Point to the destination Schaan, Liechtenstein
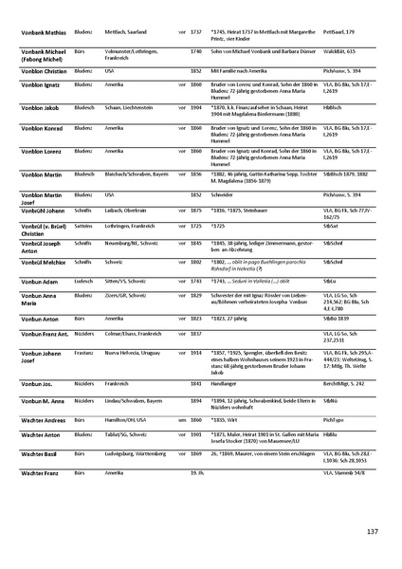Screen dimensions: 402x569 (135, 109)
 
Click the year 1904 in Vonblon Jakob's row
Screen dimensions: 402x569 (196, 109)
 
